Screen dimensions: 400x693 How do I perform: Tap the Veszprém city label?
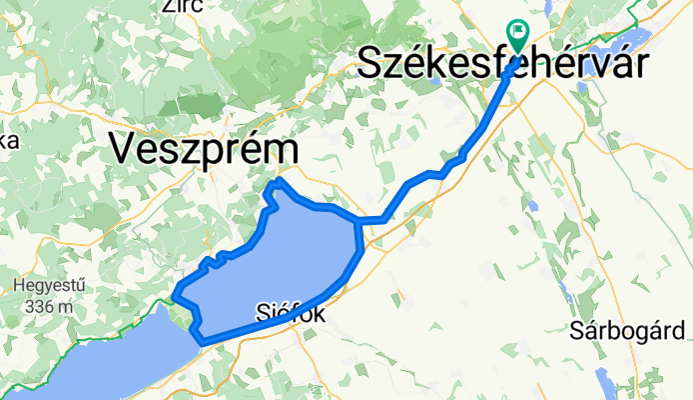coord(204,149)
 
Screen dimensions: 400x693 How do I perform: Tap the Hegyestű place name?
coord(48,285)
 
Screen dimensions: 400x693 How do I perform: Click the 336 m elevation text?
coord(45,306)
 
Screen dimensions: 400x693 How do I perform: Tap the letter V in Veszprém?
coord(123,149)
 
